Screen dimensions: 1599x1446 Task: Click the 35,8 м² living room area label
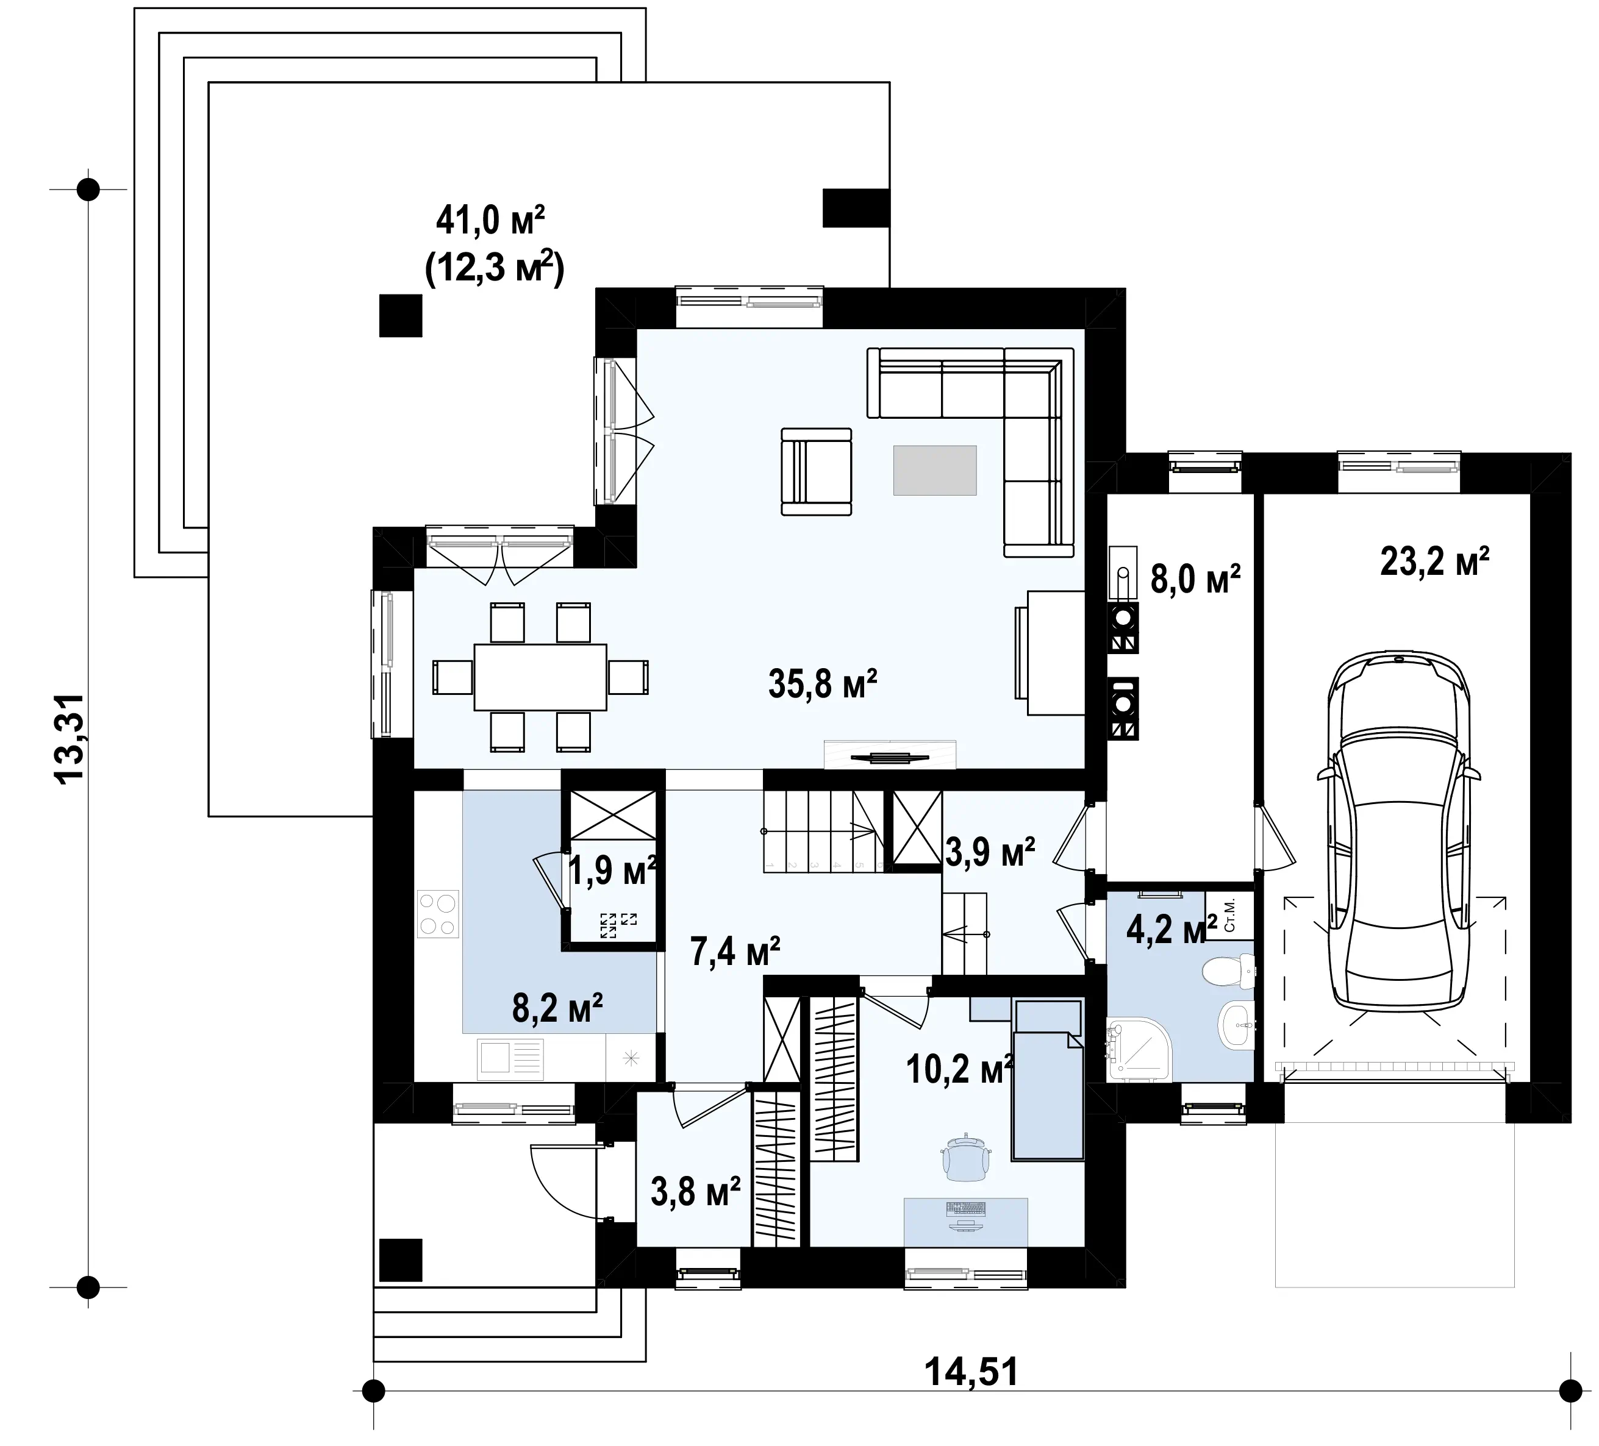[x=823, y=684]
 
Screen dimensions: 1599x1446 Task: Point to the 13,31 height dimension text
[x=69, y=739]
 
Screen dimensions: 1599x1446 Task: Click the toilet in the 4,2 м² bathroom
[x=1229, y=971]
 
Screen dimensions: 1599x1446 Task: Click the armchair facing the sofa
[x=816, y=472]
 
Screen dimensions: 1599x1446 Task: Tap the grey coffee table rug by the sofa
[x=934, y=470]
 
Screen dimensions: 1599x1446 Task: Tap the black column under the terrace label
[x=401, y=316]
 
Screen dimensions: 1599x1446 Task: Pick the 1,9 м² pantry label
[x=613, y=871]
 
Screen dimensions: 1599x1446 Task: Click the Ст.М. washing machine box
[x=1229, y=916]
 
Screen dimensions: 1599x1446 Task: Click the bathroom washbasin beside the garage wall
[x=1236, y=1025]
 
